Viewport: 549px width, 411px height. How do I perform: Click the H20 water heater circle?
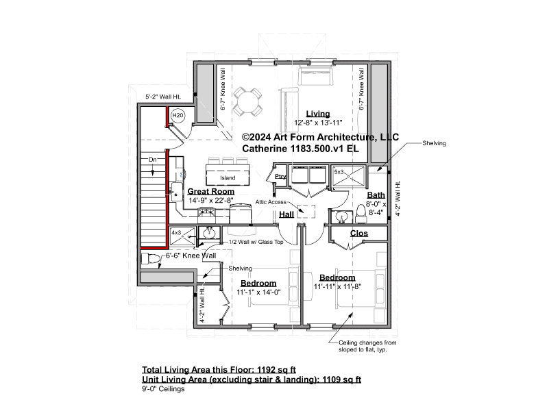pyautogui.click(x=178, y=116)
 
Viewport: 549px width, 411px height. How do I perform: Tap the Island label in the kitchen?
pyautogui.click(x=228, y=177)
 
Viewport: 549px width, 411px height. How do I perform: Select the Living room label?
pyautogui.click(x=318, y=114)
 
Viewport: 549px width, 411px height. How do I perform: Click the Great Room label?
pyautogui.click(x=211, y=191)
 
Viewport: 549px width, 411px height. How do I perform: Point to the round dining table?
pyautogui.click(x=247, y=102)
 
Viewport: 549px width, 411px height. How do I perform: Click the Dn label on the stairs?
pyautogui.click(x=152, y=160)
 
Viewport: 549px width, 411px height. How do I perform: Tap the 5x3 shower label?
pyautogui.click(x=339, y=172)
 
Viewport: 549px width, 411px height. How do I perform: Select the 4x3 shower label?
pyautogui.click(x=176, y=232)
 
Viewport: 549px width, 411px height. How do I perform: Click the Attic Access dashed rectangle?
pyautogui.click(x=306, y=212)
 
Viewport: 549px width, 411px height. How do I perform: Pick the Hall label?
pyautogui.click(x=286, y=214)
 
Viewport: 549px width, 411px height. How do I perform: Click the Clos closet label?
pyautogui.click(x=359, y=234)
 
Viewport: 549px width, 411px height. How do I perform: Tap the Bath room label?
pyautogui.click(x=376, y=195)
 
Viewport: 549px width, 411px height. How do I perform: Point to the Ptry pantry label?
pyautogui.click(x=280, y=176)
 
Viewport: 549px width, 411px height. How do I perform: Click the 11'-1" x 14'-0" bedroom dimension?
pyautogui.click(x=259, y=292)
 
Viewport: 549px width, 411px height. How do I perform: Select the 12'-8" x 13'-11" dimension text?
pyautogui.click(x=318, y=123)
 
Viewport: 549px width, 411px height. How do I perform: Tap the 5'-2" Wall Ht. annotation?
pyautogui.click(x=163, y=97)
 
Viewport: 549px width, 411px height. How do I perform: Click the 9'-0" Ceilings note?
pyautogui.click(x=163, y=389)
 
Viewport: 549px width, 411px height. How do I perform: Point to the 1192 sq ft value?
pyautogui.click(x=277, y=370)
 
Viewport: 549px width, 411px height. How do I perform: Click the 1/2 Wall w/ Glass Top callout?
pyautogui.click(x=256, y=242)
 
